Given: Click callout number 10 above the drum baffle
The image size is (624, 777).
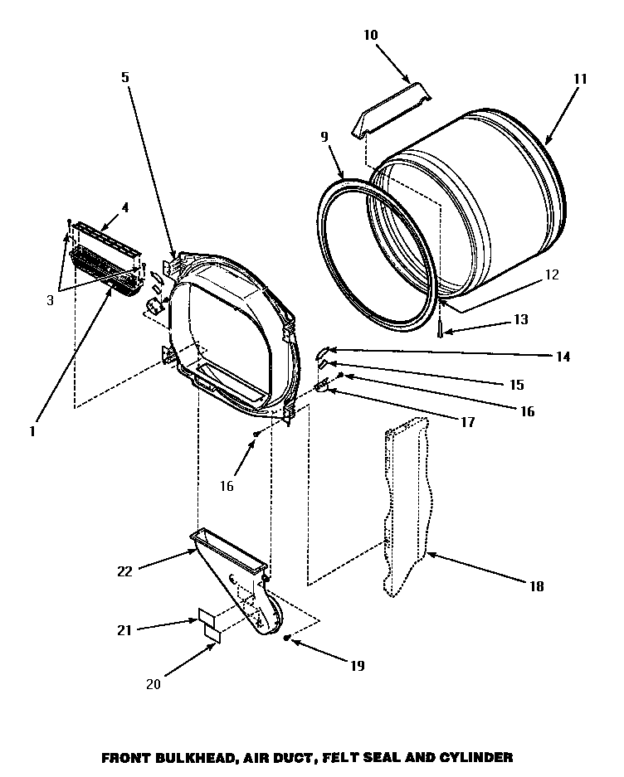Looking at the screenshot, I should click(370, 35).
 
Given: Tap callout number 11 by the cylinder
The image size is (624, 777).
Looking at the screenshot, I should click(579, 80).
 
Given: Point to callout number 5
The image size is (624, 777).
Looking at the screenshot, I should click(124, 78).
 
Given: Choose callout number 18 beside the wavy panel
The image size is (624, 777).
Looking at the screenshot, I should click(536, 586).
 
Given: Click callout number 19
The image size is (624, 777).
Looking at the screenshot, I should click(357, 664).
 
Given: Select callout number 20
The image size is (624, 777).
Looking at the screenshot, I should click(152, 684).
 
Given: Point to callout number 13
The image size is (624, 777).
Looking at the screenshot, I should click(521, 318).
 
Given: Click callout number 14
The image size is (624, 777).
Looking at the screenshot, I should click(563, 357).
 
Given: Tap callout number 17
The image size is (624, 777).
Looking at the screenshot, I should click(467, 422).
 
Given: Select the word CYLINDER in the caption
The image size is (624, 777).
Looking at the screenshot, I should click(475, 756).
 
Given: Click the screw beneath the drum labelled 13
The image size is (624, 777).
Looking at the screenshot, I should click(440, 328).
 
